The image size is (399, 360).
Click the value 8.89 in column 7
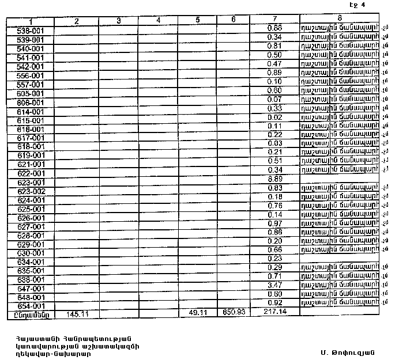[275, 180]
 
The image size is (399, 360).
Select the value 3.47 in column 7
[275, 285]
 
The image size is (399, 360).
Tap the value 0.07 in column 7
[275, 100]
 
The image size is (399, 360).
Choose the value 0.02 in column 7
[275, 117]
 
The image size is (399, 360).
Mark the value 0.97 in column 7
[275, 223]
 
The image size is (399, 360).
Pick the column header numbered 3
[118, 21]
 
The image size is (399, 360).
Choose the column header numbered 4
[158, 21]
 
